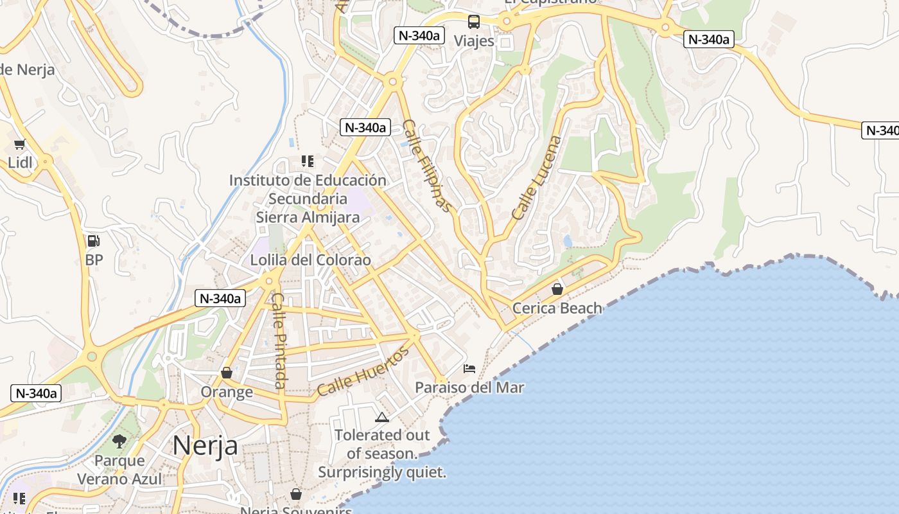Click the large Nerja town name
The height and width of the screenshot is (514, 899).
205,445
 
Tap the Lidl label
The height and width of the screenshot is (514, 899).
20,163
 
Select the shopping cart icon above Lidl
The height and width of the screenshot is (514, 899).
20,144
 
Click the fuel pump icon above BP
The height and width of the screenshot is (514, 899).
94,242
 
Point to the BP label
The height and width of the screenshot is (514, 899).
94,260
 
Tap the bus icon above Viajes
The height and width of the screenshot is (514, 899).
474,22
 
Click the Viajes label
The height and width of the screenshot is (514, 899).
474,41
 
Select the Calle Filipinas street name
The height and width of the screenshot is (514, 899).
426,166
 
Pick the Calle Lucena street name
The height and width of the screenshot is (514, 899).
537,178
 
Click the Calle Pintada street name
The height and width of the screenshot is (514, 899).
279,341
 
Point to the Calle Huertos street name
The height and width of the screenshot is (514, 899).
363,371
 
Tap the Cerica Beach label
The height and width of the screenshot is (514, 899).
557,308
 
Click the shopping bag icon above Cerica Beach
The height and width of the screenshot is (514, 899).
557,290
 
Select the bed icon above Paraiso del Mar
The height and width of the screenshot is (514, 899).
469,369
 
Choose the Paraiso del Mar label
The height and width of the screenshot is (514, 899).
469,387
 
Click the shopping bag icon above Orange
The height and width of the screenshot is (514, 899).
227,373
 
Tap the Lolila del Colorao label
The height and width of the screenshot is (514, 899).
311,260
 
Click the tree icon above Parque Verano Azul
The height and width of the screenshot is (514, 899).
119,441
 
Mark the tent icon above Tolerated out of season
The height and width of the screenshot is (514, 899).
382,417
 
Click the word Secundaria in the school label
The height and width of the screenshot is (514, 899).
308,199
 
